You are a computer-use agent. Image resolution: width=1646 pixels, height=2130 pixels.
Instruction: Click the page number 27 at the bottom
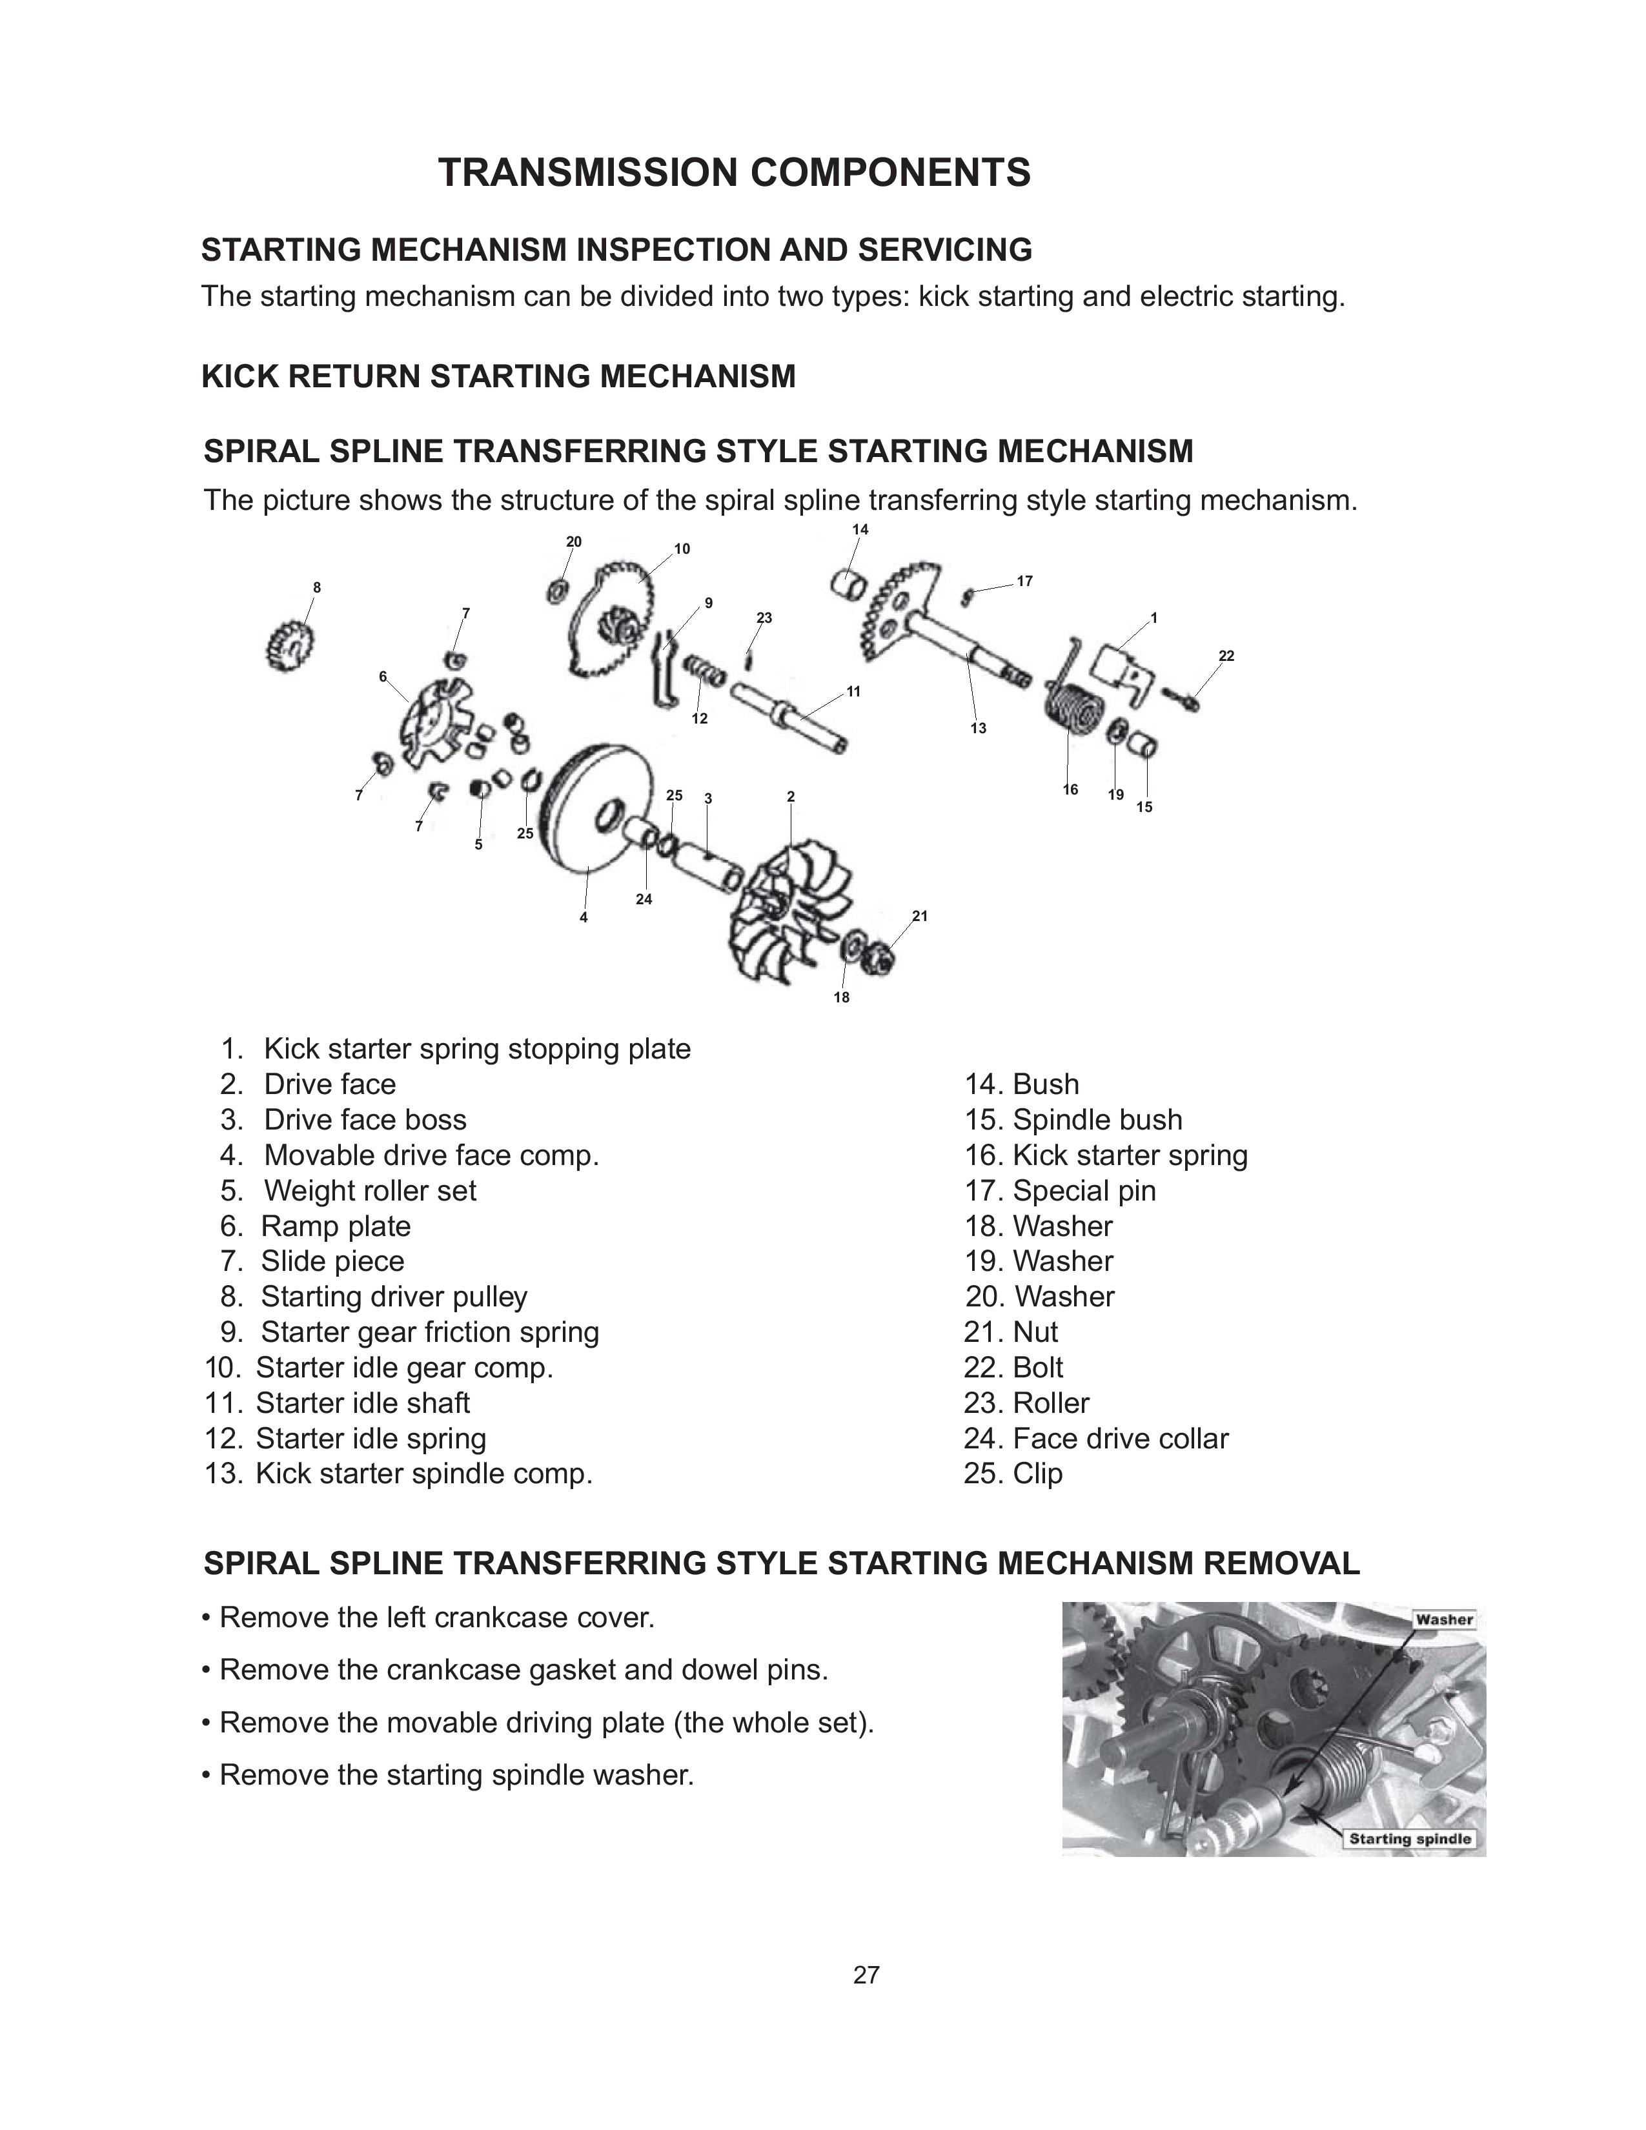(866, 1976)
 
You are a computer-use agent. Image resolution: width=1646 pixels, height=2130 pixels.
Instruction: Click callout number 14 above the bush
(860, 529)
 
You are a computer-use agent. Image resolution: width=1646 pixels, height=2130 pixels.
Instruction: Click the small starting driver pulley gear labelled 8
(289, 647)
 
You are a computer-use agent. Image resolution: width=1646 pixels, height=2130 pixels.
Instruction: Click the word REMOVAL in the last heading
(1281, 1563)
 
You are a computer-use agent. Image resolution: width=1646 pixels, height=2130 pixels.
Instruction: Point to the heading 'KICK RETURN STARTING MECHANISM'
(498, 376)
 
